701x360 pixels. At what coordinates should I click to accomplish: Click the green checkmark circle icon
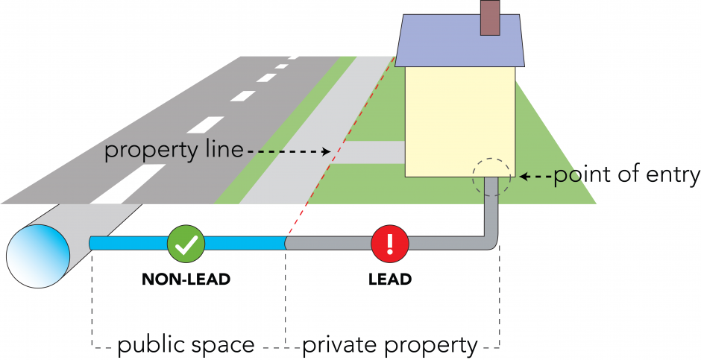click(x=183, y=242)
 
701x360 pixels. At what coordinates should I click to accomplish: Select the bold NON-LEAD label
click(x=186, y=280)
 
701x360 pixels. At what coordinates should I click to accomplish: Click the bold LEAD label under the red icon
click(x=390, y=280)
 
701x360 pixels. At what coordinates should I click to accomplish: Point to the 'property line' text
click(x=173, y=151)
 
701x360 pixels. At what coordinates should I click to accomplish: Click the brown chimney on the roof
click(x=490, y=19)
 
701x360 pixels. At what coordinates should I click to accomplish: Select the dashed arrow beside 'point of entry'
click(x=536, y=177)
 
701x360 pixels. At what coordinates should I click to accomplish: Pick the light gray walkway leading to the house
click(x=373, y=152)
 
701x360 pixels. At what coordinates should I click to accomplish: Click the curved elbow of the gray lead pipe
click(x=491, y=242)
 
